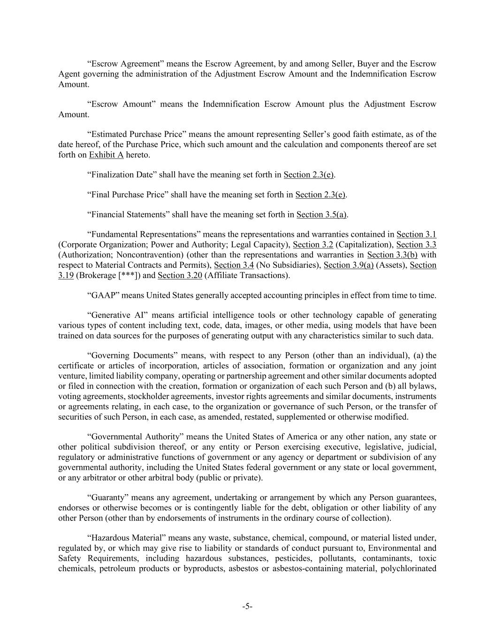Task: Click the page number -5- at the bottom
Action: [x=247, y=606]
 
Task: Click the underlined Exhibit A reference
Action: [x=106, y=155]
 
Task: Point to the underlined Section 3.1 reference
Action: [x=416, y=234]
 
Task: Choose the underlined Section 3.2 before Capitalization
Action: [x=313, y=245]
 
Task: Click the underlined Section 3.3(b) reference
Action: [x=392, y=255]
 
